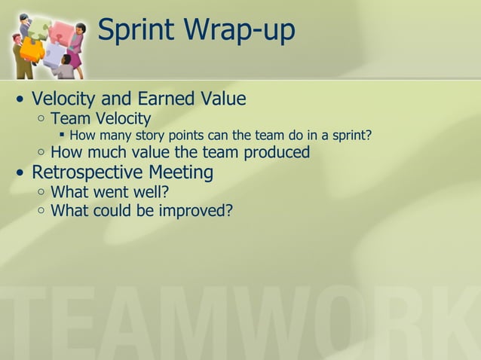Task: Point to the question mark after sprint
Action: [x=369, y=136]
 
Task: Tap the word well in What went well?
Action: [x=150, y=191]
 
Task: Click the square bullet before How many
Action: [x=63, y=136]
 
